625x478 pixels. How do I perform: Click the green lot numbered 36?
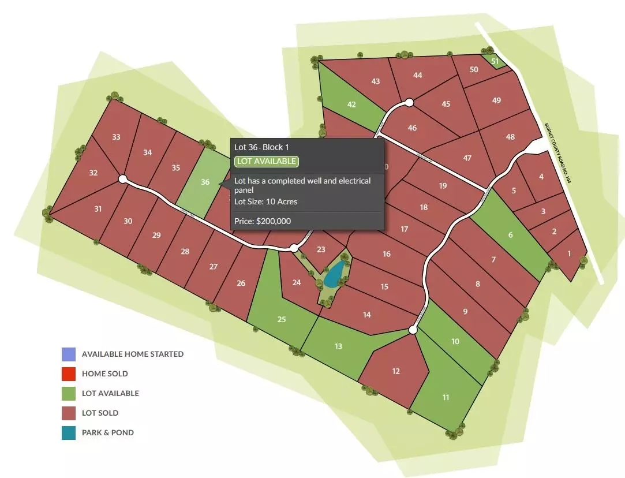[x=203, y=182]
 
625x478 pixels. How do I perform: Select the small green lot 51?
[x=495, y=61]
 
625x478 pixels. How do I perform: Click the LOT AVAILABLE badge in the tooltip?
[x=266, y=161]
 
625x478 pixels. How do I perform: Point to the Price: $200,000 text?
[x=263, y=221]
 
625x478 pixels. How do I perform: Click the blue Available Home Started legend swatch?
[x=69, y=354]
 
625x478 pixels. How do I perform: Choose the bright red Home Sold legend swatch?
[x=69, y=374]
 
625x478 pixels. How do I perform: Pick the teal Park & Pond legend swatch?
[x=69, y=432]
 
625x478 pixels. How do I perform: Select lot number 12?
[x=396, y=371]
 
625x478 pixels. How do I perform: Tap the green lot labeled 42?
[x=351, y=104]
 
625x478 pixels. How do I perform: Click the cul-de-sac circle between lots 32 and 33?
[x=122, y=179]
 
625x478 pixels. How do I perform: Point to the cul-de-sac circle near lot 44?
[x=409, y=103]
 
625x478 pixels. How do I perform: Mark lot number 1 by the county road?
[x=569, y=253]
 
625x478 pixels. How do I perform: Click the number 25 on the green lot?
[x=282, y=319]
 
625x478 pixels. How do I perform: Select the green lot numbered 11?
[x=446, y=397]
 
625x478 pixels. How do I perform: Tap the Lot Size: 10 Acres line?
[x=266, y=201]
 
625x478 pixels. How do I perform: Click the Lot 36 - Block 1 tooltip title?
[x=261, y=147]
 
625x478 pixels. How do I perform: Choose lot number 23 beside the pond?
[x=321, y=249]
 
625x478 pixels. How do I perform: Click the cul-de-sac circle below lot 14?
[x=413, y=330]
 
